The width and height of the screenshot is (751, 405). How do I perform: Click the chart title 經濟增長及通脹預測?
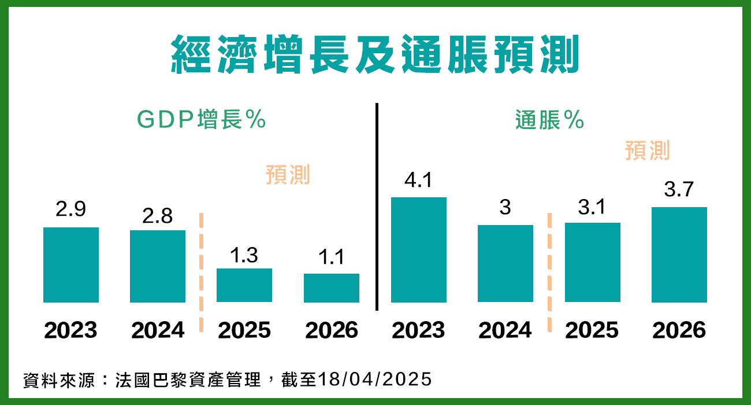[x=375, y=54]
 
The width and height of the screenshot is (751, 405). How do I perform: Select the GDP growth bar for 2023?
[x=71, y=265]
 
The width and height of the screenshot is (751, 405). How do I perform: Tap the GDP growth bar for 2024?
[x=158, y=266]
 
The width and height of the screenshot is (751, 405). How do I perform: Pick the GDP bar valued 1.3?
[x=244, y=285]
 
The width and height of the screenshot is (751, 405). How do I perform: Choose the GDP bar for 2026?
[x=332, y=288]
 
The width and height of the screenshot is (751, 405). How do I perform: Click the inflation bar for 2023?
[x=419, y=250]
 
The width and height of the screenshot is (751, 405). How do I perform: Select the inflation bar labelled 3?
[x=505, y=263]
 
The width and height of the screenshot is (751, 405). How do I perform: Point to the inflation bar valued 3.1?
[x=592, y=262]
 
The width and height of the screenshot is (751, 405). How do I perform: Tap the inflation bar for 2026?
[x=679, y=255]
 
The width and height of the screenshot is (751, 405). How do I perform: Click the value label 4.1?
[x=419, y=181]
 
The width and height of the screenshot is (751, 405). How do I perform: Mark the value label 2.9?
[x=70, y=209]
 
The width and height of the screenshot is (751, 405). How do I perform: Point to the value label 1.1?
[x=331, y=257]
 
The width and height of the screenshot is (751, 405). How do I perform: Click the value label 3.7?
[x=679, y=189]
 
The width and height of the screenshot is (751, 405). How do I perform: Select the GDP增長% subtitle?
[x=201, y=120]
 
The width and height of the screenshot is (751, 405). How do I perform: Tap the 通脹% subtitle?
[x=549, y=120]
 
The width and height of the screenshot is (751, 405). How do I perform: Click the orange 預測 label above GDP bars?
[x=288, y=174]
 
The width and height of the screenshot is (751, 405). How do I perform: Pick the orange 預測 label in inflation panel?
[x=648, y=150]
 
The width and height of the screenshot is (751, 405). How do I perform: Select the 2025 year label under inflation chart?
[x=592, y=330]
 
